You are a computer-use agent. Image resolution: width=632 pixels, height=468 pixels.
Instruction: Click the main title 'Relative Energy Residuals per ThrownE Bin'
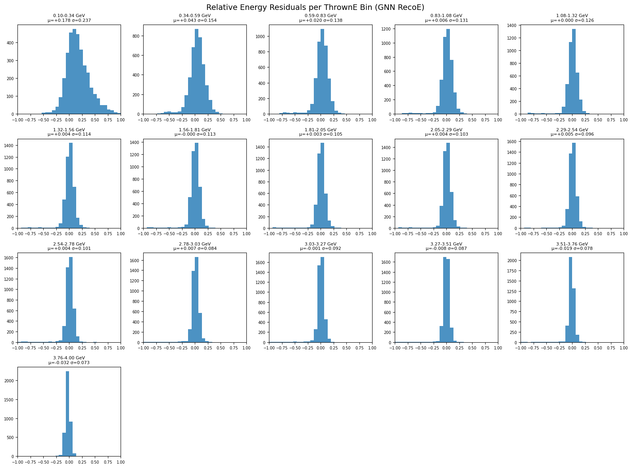(315, 7)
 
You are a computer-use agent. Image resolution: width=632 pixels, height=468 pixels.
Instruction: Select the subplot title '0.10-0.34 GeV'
(69, 16)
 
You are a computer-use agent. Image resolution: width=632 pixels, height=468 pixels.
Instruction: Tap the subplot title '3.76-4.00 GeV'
(69, 358)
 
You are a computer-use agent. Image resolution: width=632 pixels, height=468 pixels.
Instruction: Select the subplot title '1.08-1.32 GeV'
(572, 16)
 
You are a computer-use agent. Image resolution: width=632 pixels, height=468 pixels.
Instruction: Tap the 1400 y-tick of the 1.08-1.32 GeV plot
(515, 25)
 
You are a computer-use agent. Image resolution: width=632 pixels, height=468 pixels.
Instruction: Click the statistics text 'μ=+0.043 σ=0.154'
(195, 20)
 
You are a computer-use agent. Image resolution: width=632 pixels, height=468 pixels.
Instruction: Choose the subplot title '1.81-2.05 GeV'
(321, 130)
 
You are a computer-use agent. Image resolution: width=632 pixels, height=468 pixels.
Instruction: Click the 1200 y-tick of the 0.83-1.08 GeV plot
(389, 29)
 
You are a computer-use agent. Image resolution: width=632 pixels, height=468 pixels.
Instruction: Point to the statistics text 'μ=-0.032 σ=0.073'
(69, 363)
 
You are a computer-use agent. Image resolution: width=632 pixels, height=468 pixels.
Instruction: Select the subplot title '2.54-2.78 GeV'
(69, 244)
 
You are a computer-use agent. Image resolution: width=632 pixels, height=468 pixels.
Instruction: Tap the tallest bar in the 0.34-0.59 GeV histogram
(196, 71)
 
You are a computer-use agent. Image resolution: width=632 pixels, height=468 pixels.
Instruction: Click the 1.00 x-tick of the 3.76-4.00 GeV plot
(121, 462)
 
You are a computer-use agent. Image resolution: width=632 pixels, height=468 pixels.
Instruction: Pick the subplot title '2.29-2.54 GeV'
(572, 130)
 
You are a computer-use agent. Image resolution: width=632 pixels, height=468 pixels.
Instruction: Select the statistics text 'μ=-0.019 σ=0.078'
(572, 249)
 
